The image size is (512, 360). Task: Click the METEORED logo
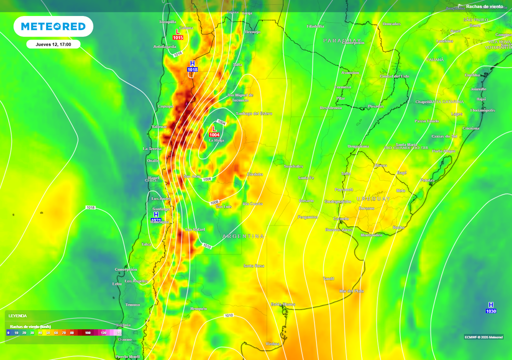pyautogui.click(x=53, y=26)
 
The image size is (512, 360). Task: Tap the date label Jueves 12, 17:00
pyautogui.click(x=53, y=44)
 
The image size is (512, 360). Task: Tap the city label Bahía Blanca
pyautogui.click(x=283, y=304)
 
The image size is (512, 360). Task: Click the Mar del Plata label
pyautogui.click(x=351, y=291)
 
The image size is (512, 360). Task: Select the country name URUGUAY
pyautogui.click(x=373, y=198)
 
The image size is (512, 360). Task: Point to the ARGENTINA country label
pyautogui.click(x=243, y=236)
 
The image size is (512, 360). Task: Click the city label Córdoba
pyautogui.click(x=255, y=174)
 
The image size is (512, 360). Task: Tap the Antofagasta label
pyautogui.click(x=164, y=46)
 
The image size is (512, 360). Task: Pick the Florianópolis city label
pyautogui.click(x=482, y=110)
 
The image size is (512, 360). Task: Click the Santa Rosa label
pyautogui.click(x=253, y=265)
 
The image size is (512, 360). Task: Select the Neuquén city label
pyautogui.click(x=198, y=308)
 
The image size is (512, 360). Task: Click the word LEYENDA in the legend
pyautogui.click(x=17, y=316)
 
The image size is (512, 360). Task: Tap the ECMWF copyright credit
pyautogui.click(x=483, y=336)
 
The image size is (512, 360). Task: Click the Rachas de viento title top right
pyautogui.click(x=484, y=6)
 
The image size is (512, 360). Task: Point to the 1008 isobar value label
pyautogui.click(x=214, y=202)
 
